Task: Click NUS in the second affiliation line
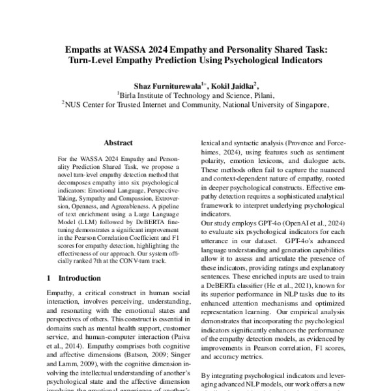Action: point(73,104)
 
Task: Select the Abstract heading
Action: point(118,143)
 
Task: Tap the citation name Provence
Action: point(304,143)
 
